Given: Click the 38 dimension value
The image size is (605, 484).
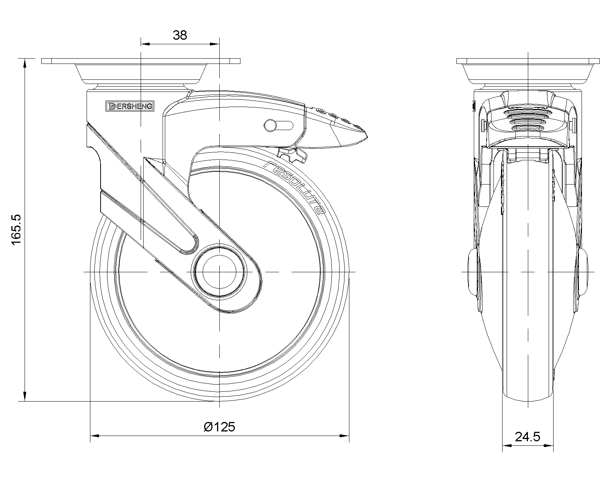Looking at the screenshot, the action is coord(180,35).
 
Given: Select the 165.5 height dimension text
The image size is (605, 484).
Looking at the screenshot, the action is coord(16,230).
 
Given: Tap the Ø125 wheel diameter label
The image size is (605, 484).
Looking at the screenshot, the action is coord(219,427).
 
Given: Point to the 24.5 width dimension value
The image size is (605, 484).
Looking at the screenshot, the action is coord(527,437).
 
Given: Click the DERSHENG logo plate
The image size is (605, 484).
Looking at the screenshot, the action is coord(130,106).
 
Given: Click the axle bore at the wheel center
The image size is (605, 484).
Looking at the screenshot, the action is coord(219,272).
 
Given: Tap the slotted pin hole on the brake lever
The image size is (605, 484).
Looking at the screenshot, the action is coord(279,126).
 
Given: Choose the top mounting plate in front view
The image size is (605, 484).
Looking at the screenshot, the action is coord(528,61).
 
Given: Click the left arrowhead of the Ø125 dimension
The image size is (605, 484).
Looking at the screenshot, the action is coord(95,436).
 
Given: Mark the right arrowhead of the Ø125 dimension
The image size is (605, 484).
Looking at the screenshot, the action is coord(344,436).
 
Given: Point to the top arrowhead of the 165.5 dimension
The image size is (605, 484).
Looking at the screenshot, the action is coord(25,63).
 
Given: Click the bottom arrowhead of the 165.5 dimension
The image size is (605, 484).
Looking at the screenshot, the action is coord(25,397).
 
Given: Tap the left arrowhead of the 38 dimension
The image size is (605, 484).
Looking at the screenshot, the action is coord(145,44).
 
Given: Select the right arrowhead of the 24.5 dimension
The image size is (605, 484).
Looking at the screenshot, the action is coord(549,445).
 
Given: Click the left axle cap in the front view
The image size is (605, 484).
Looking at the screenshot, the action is coord(473,272).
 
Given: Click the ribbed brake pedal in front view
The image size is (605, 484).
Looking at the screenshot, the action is coord(528,121).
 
